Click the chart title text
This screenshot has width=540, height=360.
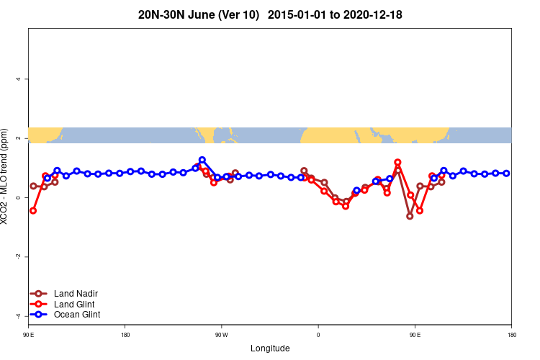[x=269, y=14]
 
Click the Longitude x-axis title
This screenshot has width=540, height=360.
[x=270, y=348]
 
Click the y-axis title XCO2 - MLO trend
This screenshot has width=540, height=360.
[x=6, y=176]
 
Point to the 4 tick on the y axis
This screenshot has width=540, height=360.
[x=18, y=78]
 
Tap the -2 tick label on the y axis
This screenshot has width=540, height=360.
[x=18, y=257]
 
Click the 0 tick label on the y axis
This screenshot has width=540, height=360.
[x=18, y=197]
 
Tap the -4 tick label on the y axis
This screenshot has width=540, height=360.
[x=18, y=316]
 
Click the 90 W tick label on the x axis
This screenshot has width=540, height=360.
[x=221, y=335]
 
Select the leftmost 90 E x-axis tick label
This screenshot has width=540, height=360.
[x=28, y=335]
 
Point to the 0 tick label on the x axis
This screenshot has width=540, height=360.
[x=318, y=335]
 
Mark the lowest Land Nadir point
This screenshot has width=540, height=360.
[x=410, y=216]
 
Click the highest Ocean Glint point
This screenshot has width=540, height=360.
[x=202, y=160]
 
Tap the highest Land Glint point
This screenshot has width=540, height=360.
[x=397, y=163]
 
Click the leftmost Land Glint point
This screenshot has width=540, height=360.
[x=33, y=211]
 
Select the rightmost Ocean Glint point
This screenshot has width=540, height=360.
[x=507, y=174]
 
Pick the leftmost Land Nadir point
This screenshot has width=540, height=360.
[x=33, y=186]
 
